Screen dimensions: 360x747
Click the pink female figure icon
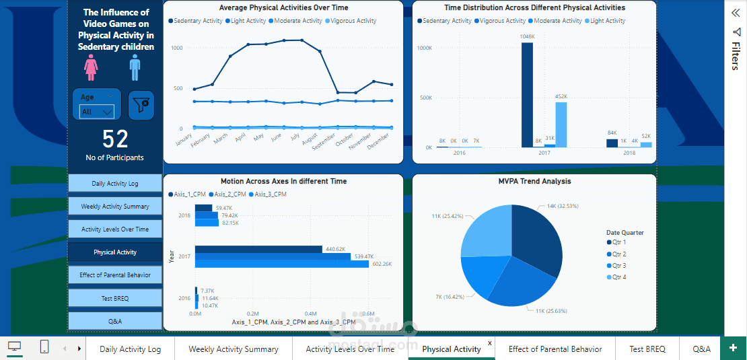(x=91, y=67)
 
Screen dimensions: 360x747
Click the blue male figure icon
(x=135, y=67)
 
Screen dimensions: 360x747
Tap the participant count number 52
(x=115, y=139)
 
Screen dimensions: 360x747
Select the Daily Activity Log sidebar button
(x=115, y=184)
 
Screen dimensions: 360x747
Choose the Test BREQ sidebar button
(x=115, y=298)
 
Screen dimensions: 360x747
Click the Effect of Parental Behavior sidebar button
(x=115, y=275)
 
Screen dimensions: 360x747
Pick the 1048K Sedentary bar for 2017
(x=527, y=95)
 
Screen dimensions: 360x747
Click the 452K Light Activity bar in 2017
(x=561, y=124)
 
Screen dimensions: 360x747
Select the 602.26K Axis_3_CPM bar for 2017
(x=282, y=264)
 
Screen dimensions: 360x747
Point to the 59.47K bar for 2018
(x=203, y=209)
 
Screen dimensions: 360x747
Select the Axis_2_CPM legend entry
(x=229, y=194)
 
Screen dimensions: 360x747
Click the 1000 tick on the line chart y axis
(x=176, y=48)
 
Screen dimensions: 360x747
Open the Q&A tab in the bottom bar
(x=701, y=349)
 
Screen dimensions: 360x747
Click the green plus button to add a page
(x=733, y=348)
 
